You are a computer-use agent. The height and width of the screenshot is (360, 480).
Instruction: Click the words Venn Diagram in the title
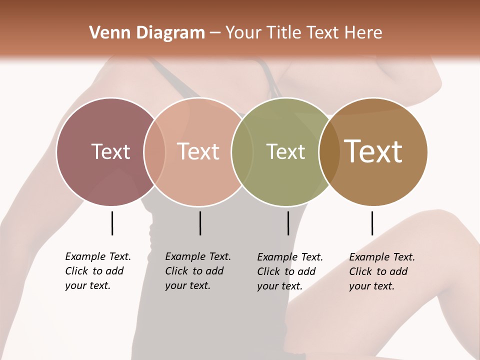pyautogui.click(x=147, y=33)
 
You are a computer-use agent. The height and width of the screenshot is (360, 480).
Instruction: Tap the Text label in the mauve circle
pyautogui.click(x=110, y=151)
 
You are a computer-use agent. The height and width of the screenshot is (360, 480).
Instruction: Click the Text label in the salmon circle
pyautogui.click(x=198, y=151)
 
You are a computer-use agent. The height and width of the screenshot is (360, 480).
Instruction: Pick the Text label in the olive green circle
pyautogui.click(x=285, y=151)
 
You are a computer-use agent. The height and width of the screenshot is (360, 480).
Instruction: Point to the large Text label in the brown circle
pyautogui.click(x=373, y=151)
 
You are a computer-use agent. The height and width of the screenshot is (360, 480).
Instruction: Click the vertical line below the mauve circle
pyautogui.click(x=112, y=223)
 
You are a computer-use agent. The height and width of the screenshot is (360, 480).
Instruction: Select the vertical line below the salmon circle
pyautogui.click(x=200, y=223)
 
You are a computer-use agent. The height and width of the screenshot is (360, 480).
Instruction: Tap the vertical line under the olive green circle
pyautogui.click(x=288, y=223)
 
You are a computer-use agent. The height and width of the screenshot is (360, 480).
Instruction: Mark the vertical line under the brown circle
pyautogui.click(x=372, y=223)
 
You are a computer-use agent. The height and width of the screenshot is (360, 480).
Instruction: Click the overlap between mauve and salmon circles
pyautogui.click(x=154, y=151)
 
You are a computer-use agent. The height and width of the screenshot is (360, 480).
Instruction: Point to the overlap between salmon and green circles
pyautogui.click(x=242, y=151)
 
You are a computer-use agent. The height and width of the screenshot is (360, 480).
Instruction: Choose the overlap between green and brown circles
pyautogui.click(x=329, y=151)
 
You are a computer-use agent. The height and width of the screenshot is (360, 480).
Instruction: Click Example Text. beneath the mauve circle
pyautogui.click(x=98, y=256)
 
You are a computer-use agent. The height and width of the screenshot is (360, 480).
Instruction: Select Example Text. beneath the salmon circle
pyautogui.click(x=198, y=256)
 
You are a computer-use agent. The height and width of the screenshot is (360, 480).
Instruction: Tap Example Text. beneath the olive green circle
pyautogui.click(x=290, y=257)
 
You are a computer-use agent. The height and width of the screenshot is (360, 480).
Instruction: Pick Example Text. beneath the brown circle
pyautogui.click(x=382, y=257)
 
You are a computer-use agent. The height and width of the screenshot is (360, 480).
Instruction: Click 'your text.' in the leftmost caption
pyautogui.click(x=87, y=286)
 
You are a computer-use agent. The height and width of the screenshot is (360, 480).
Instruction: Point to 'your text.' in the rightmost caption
pyautogui.click(x=371, y=286)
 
